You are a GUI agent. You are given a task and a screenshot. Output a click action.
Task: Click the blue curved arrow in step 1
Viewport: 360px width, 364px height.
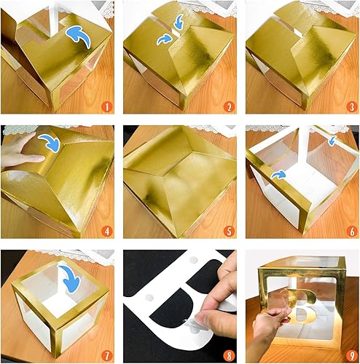tap(78, 36)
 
